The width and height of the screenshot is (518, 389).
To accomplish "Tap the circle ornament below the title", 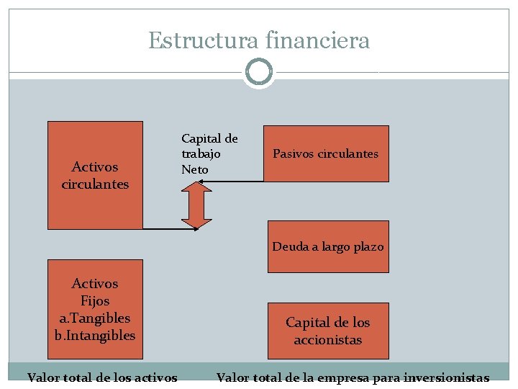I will pyautogui.click(x=259, y=72).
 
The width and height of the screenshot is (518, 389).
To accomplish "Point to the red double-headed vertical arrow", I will pyautogui.click(x=196, y=207).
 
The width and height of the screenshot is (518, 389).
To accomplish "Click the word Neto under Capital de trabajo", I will pyautogui.click(x=195, y=170).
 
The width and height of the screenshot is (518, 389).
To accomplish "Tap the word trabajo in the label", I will pyautogui.click(x=201, y=154).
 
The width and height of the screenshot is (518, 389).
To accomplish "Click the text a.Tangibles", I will pyautogui.click(x=95, y=318).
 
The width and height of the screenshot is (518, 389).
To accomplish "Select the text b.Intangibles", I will pyautogui.click(x=95, y=336).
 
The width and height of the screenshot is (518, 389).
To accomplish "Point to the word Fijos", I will pyautogui.click(x=95, y=301).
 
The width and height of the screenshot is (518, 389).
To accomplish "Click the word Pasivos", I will pyautogui.click(x=293, y=153).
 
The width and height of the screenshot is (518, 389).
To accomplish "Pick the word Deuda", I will pyautogui.click(x=288, y=247).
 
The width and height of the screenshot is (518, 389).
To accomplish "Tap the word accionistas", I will pyautogui.click(x=327, y=340).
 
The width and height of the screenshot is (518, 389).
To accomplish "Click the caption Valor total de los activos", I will pyautogui.click(x=102, y=377).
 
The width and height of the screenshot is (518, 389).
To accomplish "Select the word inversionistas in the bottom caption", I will pyautogui.click(x=446, y=377).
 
